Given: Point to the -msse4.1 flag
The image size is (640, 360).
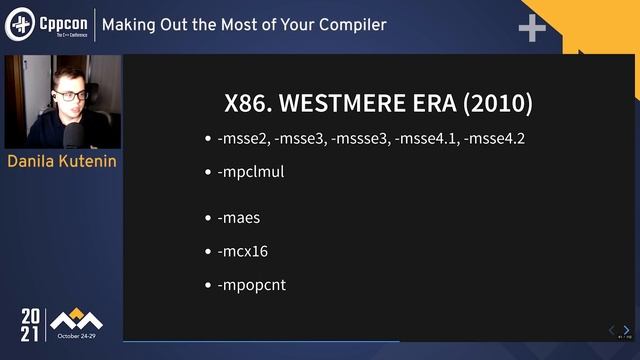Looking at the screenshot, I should (426, 138).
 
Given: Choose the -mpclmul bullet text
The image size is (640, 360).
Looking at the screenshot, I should (251, 171).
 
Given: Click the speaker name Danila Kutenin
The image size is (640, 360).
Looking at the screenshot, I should (63, 161).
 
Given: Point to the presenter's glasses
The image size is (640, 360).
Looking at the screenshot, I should (68, 95).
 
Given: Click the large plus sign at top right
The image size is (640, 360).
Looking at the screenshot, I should (532, 29).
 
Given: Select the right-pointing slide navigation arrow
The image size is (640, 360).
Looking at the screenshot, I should (627, 330).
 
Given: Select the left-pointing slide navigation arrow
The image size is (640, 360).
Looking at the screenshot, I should (612, 330).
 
